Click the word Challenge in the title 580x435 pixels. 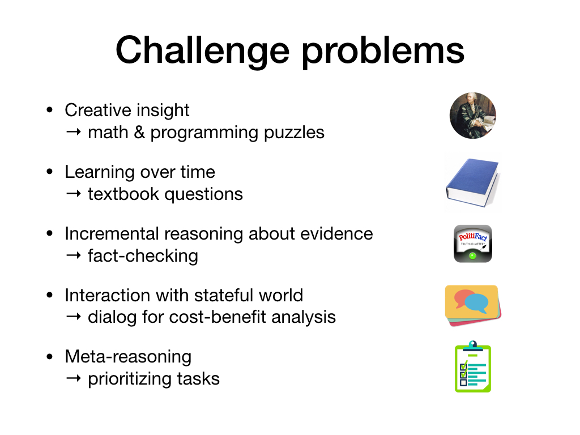click(x=202, y=51)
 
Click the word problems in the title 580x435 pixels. click(x=383, y=51)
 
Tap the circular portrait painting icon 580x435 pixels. click(x=473, y=116)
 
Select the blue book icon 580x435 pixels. click(x=473, y=182)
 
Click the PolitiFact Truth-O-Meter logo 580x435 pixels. click(x=473, y=244)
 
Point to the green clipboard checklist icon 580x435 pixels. click(x=473, y=366)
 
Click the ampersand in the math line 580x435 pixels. click(x=139, y=133)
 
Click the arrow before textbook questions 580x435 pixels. click(x=74, y=194)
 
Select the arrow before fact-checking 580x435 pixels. click(x=74, y=255)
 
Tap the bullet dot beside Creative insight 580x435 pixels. click(x=50, y=110)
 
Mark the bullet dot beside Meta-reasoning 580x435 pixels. click(x=50, y=357)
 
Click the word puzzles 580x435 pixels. click(x=294, y=133)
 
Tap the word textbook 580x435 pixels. click(x=123, y=194)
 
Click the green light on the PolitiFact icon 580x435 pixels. click(x=472, y=255)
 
